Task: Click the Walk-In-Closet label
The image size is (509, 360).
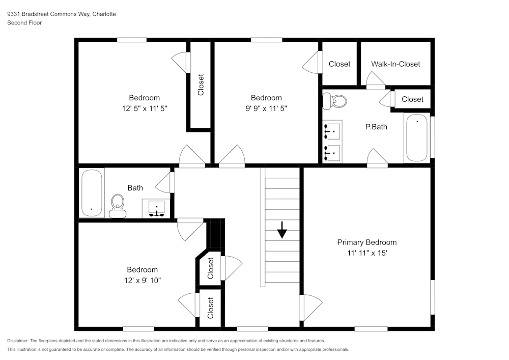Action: pos(395,64)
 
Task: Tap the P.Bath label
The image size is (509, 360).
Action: pos(376,127)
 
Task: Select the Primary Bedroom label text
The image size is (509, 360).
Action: pos(366,242)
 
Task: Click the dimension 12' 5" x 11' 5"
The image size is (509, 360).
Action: pos(144,108)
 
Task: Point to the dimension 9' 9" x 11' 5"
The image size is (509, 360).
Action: pos(266,108)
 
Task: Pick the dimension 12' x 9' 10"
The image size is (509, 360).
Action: pos(142,280)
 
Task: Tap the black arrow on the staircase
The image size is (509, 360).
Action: pos(282,232)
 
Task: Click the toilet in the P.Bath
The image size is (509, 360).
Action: pos(333,100)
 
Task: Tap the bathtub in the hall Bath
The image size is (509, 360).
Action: pos(92,193)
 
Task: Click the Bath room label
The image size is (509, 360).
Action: pos(135,188)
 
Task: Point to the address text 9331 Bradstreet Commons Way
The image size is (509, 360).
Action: pos(48,14)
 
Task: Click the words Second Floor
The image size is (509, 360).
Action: pos(24,23)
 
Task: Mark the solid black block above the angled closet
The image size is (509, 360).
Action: pos(216,234)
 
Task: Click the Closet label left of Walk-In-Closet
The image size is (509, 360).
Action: pos(340,64)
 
